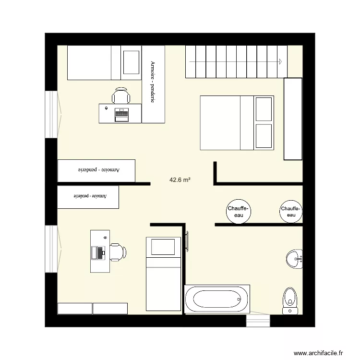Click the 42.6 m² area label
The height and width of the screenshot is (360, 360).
180,180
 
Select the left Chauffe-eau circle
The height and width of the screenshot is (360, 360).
239,212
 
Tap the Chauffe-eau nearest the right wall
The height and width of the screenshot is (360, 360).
291,212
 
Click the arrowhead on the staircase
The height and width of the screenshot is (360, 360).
279,61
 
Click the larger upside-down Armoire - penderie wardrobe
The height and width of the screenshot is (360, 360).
96,170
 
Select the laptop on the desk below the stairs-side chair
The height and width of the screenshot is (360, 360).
121,114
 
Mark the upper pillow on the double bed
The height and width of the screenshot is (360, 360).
264,109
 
